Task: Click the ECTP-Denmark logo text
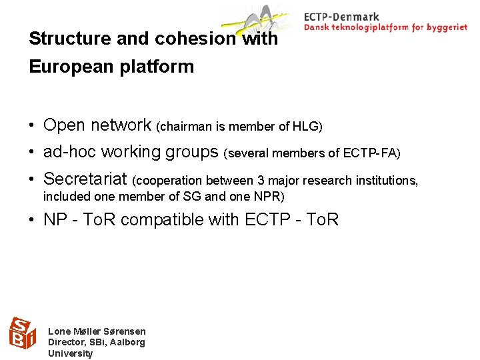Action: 341,17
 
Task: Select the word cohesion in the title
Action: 195,39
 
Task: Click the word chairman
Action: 182,127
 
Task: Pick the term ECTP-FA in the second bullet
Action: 371,154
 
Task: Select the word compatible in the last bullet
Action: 187,219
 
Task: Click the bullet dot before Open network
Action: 32,125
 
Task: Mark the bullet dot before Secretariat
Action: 32,179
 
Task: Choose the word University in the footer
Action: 70,353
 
